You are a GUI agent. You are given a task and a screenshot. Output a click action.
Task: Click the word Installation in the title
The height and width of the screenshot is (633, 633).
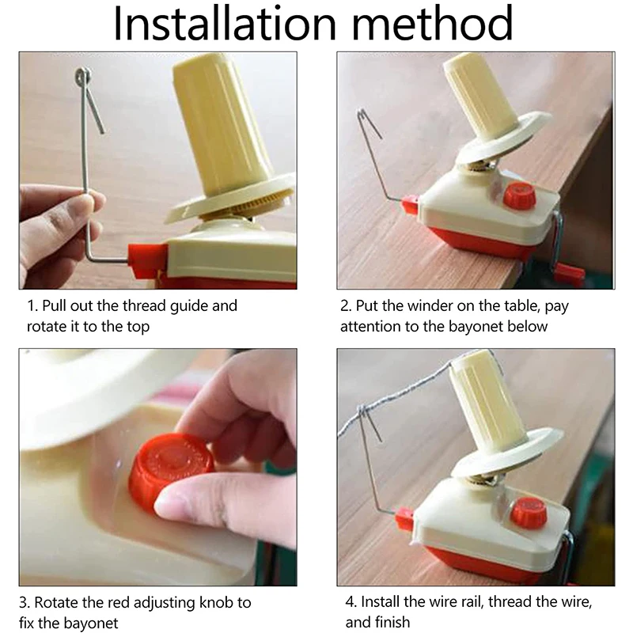coord(225,23)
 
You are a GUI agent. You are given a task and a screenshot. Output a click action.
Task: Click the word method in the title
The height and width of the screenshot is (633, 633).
coord(432,23)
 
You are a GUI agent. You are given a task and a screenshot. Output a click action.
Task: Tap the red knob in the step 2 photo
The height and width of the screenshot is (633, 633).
coord(520,195)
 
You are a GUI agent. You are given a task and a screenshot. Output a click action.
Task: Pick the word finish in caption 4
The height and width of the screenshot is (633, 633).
coord(392,622)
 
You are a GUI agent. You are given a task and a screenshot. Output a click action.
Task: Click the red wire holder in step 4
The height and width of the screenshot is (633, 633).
coord(404,519)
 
